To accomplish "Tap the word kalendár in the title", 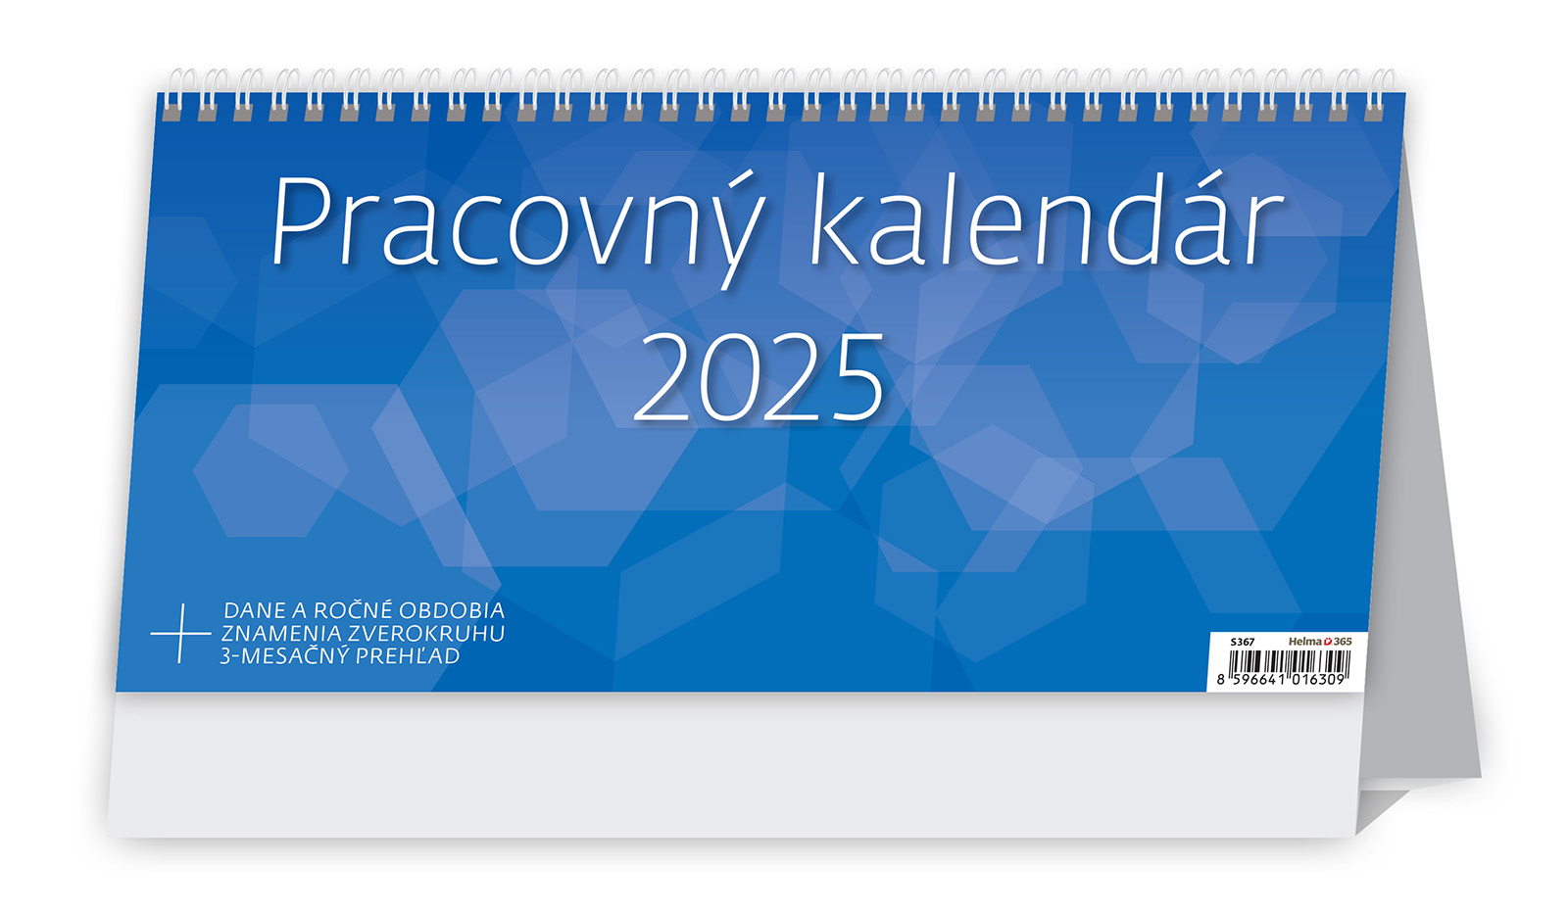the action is (x=1048, y=218).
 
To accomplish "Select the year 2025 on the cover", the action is (x=759, y=378).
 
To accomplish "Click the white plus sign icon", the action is (x=180, y=634).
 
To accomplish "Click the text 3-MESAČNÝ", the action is (x=284, y=655).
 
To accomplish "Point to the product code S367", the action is (x=1243, y=642).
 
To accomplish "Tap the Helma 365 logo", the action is (x=1320, y=641).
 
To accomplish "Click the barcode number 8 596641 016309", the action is (x=1281, y=680).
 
